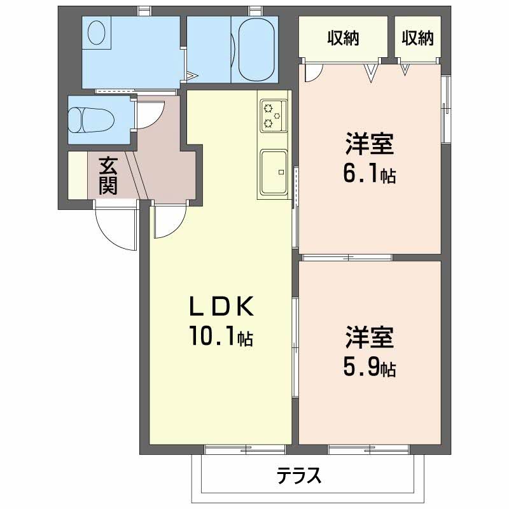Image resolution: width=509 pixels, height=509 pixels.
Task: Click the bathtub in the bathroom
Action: point(256,50)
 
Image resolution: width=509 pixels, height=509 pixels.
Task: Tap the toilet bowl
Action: point(92,120)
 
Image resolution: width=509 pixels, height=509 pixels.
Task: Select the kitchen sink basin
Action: point(274,172)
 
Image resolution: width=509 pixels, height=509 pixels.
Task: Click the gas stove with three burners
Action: point(274,116)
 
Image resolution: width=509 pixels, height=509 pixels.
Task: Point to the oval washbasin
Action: point(97,32)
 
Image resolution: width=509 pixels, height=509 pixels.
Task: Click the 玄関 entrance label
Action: point(108,176)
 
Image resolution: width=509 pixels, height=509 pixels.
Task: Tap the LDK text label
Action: point(221,307)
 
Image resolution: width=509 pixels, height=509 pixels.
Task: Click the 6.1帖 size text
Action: point(370,174)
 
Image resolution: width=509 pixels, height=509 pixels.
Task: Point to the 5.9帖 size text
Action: point(370,368)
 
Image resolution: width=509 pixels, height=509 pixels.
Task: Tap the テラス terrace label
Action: point(298,476)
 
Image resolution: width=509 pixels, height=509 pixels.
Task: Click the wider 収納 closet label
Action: point(343,38)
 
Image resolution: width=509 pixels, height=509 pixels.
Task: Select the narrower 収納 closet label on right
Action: point(418,38)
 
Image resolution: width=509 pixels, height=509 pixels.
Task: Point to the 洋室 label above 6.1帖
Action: point(370,144)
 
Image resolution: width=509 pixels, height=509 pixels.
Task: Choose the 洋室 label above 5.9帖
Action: point(370,337)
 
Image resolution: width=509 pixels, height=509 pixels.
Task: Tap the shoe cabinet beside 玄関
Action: point(78,175)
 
